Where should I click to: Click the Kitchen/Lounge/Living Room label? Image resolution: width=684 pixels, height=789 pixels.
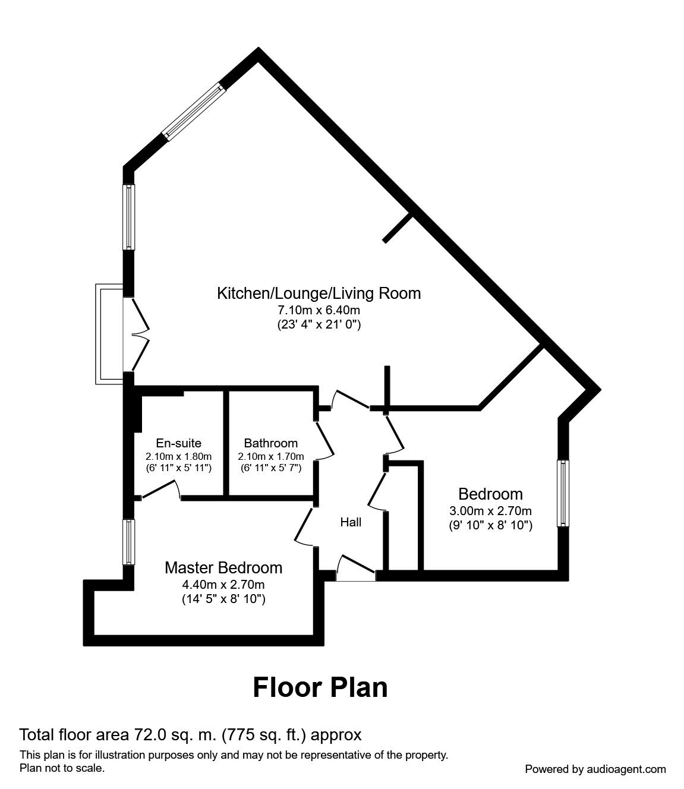click(319, 293)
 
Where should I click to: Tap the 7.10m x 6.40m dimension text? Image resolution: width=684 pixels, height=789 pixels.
click(319, 310)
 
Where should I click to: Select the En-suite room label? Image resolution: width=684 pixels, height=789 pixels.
click(178, 443)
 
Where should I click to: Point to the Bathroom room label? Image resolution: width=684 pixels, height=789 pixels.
click(270, 443)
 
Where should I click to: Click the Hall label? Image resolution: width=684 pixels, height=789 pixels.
click(351, 522)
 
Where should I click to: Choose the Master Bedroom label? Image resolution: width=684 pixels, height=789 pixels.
click(223, 568)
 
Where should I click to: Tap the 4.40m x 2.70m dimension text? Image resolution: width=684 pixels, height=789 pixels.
click(223, 584)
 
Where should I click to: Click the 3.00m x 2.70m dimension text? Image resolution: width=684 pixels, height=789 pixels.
click(490, 510)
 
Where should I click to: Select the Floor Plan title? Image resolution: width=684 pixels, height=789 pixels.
click(320, 687)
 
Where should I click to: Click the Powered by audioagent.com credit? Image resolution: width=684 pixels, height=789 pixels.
click(595, 769)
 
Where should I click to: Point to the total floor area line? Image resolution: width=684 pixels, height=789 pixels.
click(190, 735)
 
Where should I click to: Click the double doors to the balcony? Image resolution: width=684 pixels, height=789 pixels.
click(137, 334)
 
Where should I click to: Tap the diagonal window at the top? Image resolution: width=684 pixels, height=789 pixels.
click(194, 112)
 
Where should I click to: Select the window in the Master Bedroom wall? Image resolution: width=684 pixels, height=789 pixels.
click(128, 542)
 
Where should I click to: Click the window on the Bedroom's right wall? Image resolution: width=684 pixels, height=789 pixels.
click(562, 493)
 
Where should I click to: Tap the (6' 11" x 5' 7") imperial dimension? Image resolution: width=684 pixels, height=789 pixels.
click(270, 468)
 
